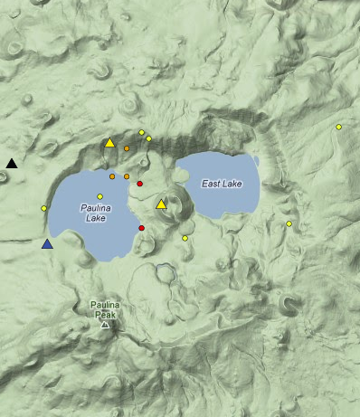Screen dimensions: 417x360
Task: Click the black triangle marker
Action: point(12,163)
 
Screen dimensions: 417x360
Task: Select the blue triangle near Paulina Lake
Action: point(47,242)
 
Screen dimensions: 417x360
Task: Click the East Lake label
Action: point(222,184)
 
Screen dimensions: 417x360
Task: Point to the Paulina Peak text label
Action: point(105,309)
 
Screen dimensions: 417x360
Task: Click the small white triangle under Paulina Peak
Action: point(105,324)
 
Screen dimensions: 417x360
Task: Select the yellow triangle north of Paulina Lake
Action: point(109,142)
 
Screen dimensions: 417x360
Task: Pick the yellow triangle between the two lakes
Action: point(161,204)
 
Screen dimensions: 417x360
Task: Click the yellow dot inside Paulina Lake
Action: point(100,196)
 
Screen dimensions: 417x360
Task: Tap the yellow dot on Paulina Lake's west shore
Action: point(43,208)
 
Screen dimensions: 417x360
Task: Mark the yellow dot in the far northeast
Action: point(338,127)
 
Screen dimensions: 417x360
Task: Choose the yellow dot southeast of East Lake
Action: point(289,223)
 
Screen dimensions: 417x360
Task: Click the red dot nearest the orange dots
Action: point(139,184)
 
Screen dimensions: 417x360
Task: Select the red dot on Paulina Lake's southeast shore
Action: point(142,228)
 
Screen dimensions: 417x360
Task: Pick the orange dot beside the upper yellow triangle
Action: point(127,148)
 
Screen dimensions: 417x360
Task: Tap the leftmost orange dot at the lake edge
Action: point(112,176)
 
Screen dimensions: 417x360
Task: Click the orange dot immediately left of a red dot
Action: point(127,176)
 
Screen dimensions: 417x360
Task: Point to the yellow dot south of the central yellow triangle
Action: point(185,238)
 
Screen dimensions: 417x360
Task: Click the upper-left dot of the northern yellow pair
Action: point(141,132)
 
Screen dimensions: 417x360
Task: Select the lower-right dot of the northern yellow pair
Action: point(148,138)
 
